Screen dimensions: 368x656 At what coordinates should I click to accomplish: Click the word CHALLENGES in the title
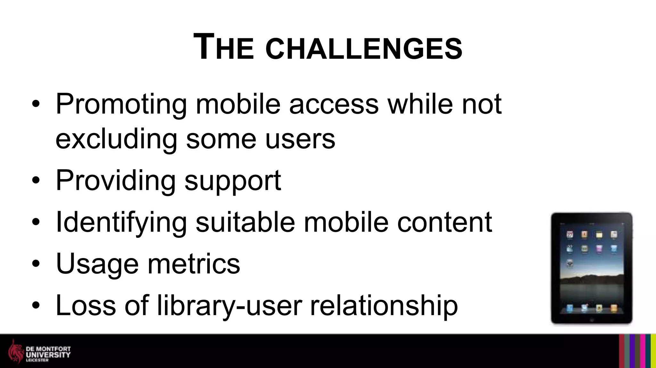364,49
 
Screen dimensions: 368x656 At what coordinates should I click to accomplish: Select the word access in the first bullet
334,104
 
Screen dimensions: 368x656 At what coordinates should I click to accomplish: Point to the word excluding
116,139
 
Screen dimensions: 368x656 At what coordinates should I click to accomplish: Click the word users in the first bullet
300,139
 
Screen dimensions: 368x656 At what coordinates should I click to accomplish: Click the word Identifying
121,223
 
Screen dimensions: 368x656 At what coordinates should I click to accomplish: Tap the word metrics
193,264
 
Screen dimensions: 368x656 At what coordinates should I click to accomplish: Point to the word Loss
86,305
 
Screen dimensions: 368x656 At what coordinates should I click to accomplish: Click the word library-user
229,306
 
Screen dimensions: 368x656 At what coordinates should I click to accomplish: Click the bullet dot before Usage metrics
36,264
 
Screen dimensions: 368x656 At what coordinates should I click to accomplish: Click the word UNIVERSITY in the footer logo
48,355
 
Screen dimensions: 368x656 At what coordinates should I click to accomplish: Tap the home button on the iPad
591,320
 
